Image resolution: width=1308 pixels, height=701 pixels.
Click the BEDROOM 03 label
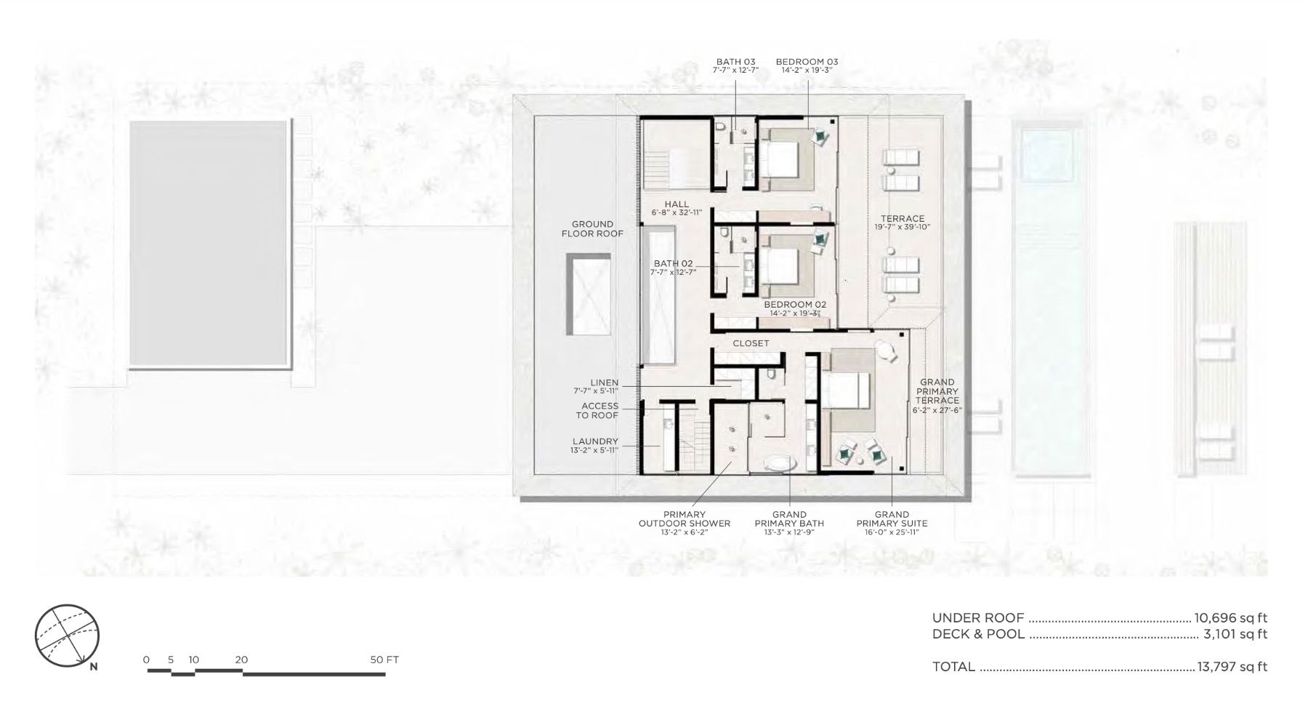click(807, 62)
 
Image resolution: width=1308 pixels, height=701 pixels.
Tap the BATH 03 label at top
click(735, 62)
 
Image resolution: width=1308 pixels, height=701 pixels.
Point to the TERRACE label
click(903, 218)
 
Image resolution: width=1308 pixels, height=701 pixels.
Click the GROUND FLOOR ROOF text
click(592, 228)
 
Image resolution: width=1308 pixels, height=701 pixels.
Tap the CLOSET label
click(751, 343)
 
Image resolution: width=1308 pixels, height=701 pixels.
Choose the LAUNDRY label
click(595, 441)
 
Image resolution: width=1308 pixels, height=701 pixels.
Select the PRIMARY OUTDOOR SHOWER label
click(685, 519)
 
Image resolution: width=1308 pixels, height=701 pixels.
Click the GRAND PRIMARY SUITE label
click(892, 519)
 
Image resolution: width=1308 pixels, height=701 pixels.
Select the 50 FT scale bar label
click(384, 660)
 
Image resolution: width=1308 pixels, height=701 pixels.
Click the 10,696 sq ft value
click(1231, 618)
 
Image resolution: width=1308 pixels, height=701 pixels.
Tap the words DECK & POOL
click(978, 634)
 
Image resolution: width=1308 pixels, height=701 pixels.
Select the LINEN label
click(605, 382)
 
